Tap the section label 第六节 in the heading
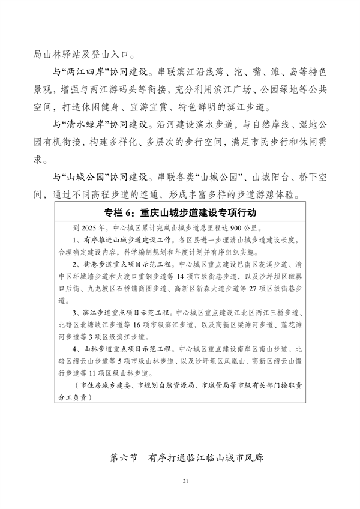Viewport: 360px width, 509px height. point(124,457)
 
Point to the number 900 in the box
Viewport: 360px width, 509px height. point(234,228)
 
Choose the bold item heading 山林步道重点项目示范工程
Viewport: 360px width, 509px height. point(125,349)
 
